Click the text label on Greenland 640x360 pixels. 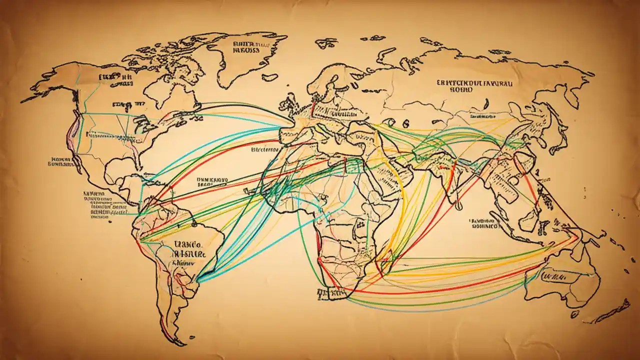(x=245, y=47)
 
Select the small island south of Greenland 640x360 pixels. (x=269, y=77)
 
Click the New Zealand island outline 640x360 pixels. (x=612, y=309)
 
